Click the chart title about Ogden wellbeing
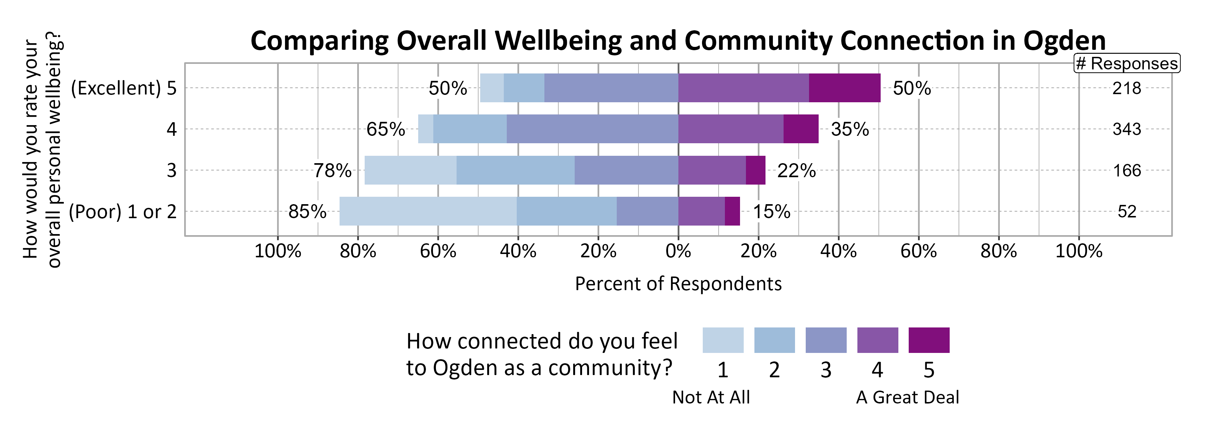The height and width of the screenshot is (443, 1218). [678, 41]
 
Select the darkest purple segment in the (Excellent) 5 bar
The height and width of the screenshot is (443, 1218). [844, 88]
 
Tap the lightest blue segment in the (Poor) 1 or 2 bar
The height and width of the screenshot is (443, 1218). [427, 211]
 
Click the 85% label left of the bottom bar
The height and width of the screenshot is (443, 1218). [307, 211]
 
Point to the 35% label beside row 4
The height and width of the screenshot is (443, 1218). [850, 129]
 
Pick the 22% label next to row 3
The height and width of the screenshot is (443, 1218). [796, 170]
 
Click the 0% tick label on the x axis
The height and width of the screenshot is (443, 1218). [678, 251]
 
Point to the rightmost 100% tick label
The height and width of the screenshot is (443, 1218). [1078, 251]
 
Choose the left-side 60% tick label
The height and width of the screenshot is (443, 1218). [438, 251]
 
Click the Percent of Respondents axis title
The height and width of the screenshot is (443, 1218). [678, 284]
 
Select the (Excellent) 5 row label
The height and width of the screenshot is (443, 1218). [123, 88]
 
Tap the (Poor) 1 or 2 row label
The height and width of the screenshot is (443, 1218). [123, 211]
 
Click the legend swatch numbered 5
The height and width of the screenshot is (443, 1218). [929, 340]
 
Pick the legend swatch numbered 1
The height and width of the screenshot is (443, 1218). [722, 340]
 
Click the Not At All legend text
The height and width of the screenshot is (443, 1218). [710, 397]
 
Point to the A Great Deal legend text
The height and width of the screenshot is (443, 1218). [907, 397]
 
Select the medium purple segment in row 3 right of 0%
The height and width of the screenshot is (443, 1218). [712, 170]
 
